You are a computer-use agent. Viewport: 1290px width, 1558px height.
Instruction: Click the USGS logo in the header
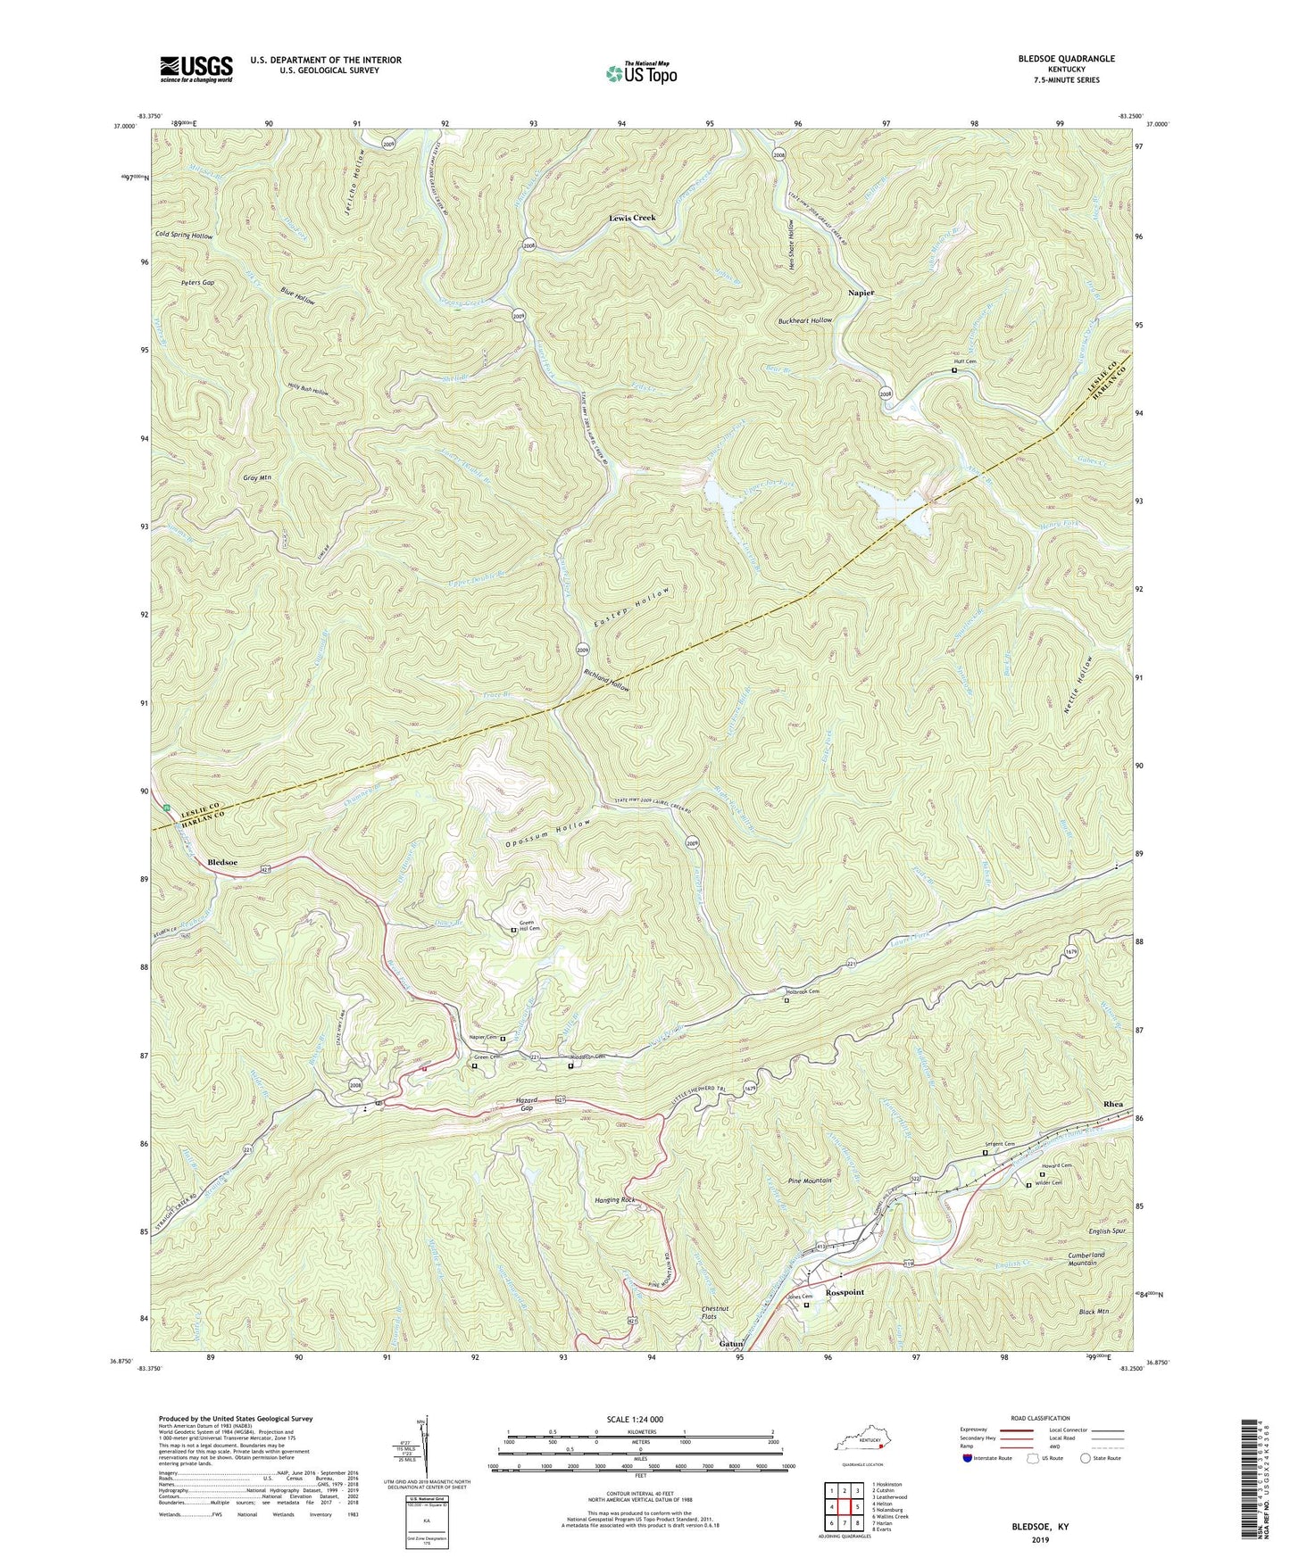coord(196,68)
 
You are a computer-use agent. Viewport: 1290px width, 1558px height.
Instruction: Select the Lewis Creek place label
coord(632,218)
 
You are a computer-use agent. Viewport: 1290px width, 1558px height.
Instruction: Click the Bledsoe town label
coord(222,862)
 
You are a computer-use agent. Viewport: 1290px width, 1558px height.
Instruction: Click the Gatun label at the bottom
coord(731,1343)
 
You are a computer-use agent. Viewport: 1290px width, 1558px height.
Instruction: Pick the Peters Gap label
coord(197,282)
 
